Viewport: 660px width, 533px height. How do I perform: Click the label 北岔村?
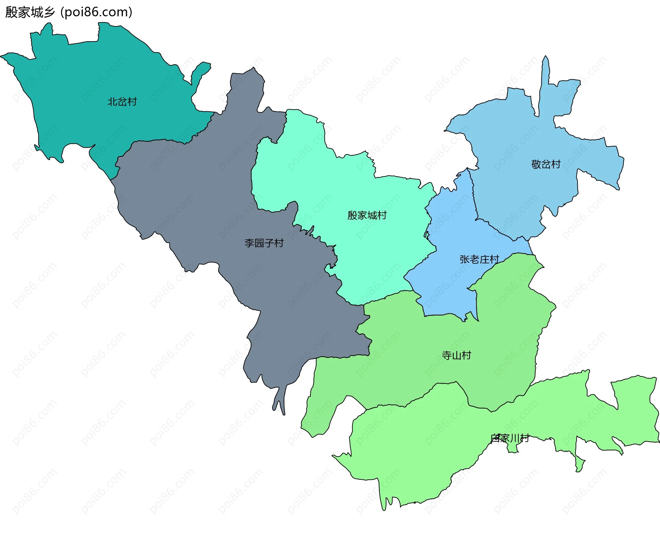point(122,102)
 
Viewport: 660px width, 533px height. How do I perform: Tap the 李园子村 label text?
point(264,243)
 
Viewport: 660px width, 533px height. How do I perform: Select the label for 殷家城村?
point(367,215)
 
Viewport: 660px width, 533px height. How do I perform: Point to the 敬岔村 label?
point(546,164)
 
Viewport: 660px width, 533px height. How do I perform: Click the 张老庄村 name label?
point(479,259)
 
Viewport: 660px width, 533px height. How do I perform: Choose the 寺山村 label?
point(456,355)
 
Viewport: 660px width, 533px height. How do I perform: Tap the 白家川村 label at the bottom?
point(510,438)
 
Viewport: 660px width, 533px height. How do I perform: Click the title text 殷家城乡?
point(30,12)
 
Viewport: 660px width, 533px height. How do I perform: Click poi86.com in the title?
point(96,12)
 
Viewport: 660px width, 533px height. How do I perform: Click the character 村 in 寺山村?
point(466,355)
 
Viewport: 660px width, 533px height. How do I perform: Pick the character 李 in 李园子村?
point(249,243)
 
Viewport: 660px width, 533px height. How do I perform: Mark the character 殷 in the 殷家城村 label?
point(352,215)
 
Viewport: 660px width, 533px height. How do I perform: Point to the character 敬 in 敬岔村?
point(536,164)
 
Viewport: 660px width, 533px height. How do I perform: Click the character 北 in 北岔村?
point(112,102)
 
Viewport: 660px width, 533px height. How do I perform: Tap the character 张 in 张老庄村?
point(464,259)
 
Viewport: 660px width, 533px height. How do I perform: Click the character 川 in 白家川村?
point(515,438)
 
